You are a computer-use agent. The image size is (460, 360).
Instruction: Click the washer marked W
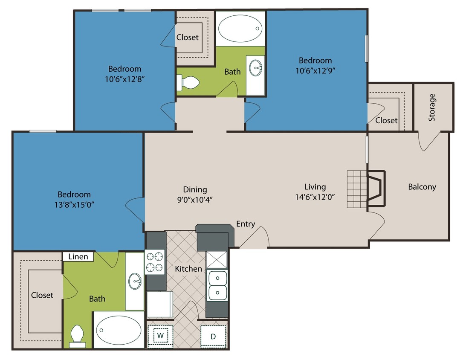tap(160, 336)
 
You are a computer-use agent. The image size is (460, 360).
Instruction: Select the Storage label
tap(432, 107)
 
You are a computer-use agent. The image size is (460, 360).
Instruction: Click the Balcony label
tap(422, 187)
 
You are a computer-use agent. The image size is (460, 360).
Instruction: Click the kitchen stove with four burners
tap(155, 262)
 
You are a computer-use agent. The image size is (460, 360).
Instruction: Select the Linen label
tap(78, 256)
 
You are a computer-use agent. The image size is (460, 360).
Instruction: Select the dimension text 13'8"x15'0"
tap(72, 204)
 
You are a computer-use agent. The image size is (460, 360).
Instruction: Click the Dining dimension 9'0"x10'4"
tap(195, 199)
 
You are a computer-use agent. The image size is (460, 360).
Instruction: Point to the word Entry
tap(246, 224)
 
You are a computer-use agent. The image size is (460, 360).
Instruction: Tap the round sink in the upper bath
tap(256, 67)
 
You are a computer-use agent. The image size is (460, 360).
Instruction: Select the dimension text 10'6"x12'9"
tap(315, 70)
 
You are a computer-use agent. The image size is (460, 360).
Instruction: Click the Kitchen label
tap(188, 269)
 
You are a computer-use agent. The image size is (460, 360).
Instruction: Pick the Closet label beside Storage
tap(386, 121)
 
